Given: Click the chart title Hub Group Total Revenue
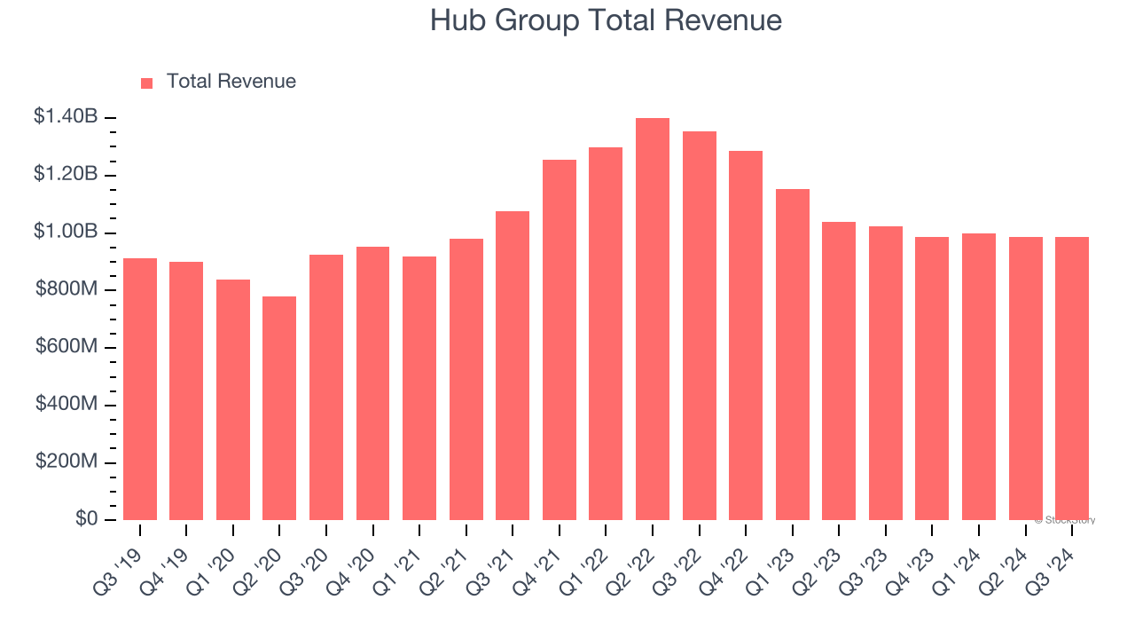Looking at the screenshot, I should coord(606,20).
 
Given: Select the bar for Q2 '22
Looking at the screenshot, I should coord(653,319).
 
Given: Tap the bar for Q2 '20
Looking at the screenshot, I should coord(279,408).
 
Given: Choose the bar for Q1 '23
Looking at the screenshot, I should coord(793,355).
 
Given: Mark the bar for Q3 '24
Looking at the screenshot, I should coord(1072,378).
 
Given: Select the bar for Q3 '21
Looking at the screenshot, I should coord(513,366).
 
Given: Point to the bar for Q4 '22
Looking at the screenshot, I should coord(746,335).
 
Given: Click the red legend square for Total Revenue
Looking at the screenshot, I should coord(147,83).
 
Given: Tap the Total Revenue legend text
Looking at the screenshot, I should coord(231,82).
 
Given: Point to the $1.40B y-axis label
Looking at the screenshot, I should coord(66,116).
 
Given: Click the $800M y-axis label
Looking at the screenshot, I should coord(67,288).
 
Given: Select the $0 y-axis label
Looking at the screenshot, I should coord(86,518).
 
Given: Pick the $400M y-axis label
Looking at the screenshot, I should coord(67,404).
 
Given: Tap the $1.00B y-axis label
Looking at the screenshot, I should coord(66,232).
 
